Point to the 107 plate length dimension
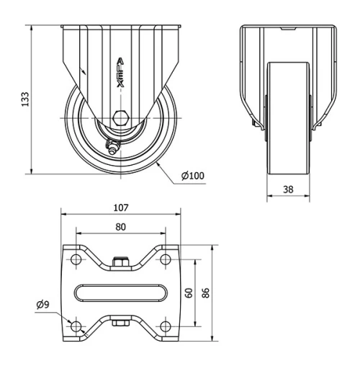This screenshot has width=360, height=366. coord(120,207)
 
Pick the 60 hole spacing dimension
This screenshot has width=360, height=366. coord(189,293)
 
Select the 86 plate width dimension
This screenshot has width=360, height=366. coord(207,293)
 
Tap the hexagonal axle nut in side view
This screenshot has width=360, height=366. coord(120,117)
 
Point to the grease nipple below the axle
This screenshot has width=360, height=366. coord(113,149)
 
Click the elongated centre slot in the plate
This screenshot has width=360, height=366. coord(120,293)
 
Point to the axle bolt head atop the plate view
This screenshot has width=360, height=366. coord(120,264)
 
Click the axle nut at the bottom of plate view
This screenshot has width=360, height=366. coord(120,322)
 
